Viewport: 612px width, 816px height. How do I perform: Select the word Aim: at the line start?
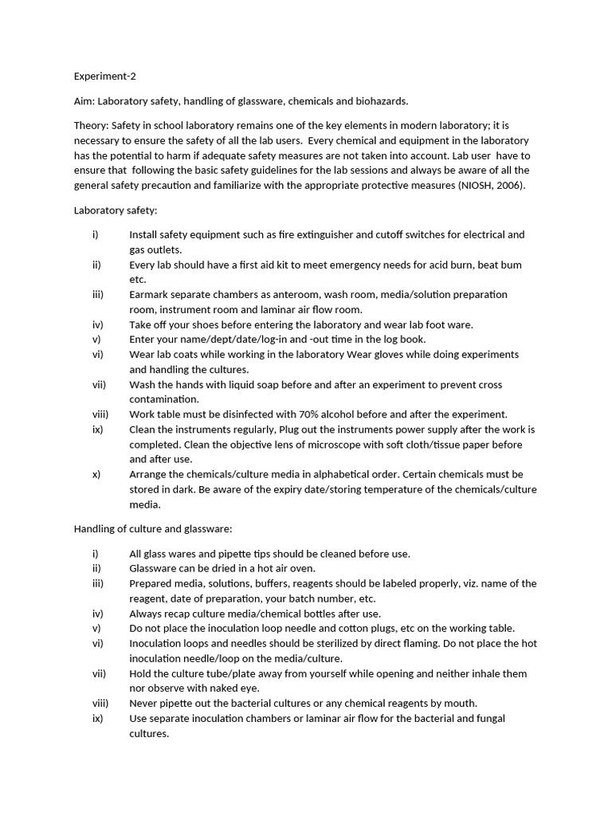coord(84,101)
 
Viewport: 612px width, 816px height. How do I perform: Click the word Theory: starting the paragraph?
coord(91,126)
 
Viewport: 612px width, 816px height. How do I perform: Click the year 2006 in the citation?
coord(510,185)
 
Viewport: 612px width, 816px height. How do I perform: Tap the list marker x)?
coord(96,474)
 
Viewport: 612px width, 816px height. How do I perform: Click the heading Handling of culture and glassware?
coord(153,528)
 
